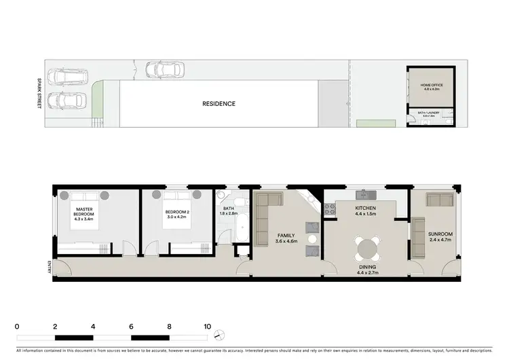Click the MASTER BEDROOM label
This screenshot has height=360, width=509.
(84, 212)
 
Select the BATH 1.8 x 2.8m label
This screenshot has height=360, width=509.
(227, 211)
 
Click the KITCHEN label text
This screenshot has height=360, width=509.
(366, 211)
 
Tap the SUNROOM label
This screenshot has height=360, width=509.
(440, 238)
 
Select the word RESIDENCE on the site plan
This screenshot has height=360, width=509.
(219, 104)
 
